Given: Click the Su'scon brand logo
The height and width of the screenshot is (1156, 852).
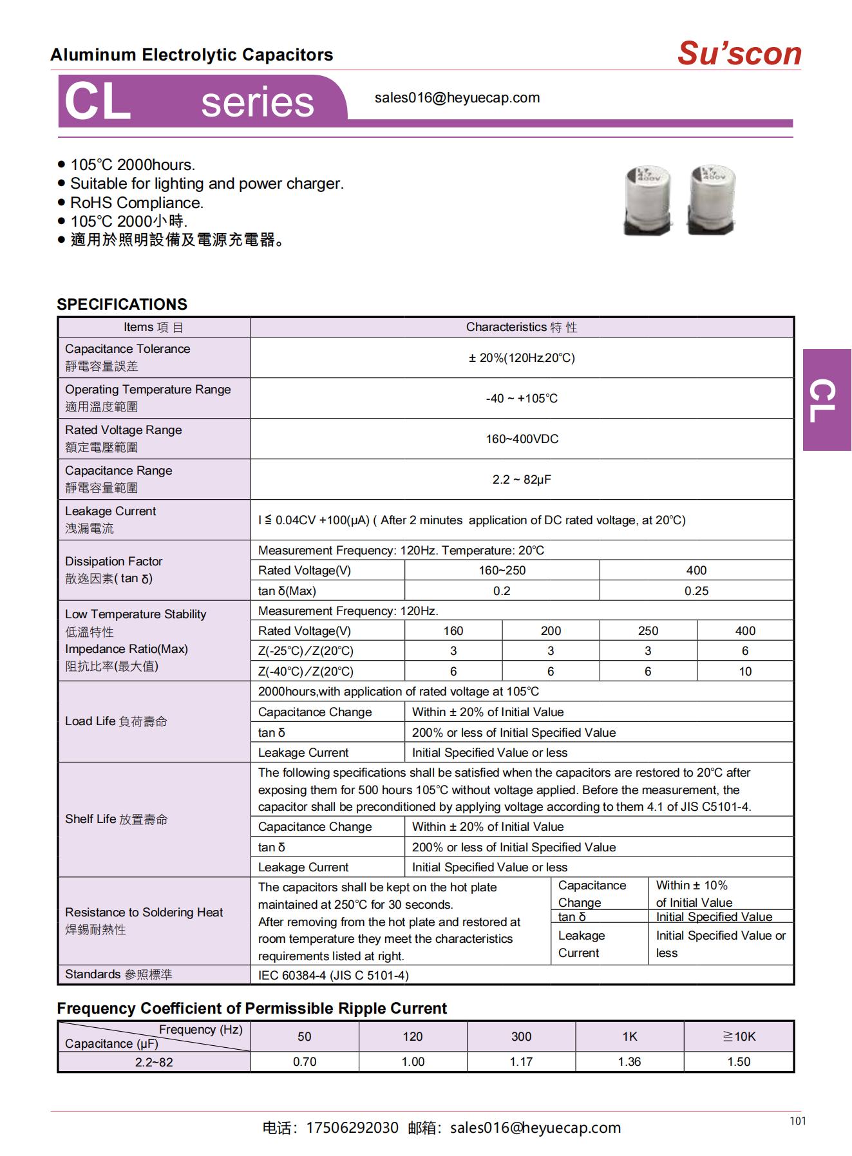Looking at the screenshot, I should (x=739, y=53).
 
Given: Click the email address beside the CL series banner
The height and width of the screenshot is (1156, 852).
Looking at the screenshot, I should (x=457, y=98).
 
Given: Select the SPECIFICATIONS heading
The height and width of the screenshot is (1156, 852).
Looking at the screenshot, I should (x=122, y=305).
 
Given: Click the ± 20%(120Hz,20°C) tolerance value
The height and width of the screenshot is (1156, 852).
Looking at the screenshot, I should (x=522, y=358).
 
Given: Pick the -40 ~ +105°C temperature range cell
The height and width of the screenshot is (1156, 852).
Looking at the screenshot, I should (x=522, y=399).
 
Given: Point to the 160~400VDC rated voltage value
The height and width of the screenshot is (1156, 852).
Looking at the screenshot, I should (x=522, y=439).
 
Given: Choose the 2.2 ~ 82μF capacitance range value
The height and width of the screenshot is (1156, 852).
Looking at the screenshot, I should (x=522, y=480).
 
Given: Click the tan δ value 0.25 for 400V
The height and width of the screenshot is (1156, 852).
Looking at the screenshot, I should (x=696, y=591).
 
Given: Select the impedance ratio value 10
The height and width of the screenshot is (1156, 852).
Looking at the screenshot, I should (x=745, y=672).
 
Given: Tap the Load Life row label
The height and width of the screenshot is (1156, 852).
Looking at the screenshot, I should (x=116, y=722).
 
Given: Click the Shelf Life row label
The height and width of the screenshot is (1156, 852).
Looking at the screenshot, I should (x=116, y=819).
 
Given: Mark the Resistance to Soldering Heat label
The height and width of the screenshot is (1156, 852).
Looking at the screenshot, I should (x=144, y=913).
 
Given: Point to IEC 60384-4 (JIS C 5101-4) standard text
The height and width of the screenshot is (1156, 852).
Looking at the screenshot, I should (x=333, y=976).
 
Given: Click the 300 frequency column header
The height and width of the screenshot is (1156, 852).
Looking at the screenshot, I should (x=521, y=1037).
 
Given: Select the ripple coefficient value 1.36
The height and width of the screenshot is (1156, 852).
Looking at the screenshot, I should (x=629, y=1062).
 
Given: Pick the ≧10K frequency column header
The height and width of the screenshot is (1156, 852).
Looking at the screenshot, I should (x=739, y=1037).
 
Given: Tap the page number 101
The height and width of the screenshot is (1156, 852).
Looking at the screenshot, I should (x=797, y=1121).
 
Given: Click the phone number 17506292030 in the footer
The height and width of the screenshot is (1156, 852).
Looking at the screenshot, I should (x=352, y=1128).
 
